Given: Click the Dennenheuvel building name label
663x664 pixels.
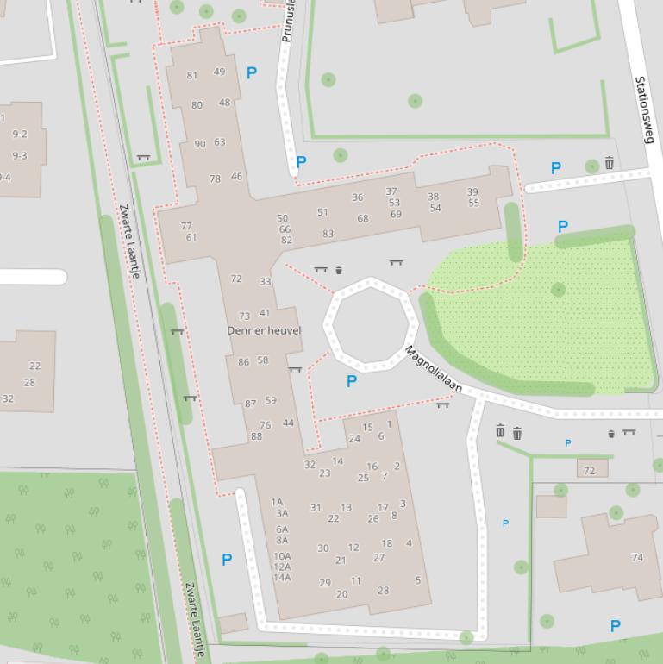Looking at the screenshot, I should (x=264, y=330).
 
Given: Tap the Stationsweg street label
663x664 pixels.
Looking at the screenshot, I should (x=641, y=110).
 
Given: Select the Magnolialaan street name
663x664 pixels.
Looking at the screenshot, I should (x=434, y=371).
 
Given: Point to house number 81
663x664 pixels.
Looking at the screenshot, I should (x=192, y=75).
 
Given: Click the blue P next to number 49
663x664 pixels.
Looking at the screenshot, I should (x=252, y=73).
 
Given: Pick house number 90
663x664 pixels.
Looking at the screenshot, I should (x=200, y=144).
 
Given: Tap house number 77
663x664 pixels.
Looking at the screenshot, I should (x=186, y=226).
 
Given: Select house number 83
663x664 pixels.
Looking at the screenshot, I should (x=328, y=234).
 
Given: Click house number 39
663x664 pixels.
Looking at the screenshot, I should (x=472, y=192).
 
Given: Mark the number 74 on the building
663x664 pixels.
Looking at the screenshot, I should (x=637, y=557).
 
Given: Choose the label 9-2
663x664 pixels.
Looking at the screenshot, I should (x=19, y=135).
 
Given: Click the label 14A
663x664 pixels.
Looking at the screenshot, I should (x=282, y=578).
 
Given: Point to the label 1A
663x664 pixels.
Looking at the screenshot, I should (x=277, y=502).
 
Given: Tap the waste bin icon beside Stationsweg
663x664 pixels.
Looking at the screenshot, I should (x=610, y=163).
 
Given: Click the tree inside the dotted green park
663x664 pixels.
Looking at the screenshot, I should (x=559, y=290).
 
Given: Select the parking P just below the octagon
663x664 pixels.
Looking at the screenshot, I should (x=351, y=381).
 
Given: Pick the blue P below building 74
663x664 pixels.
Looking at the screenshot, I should (x=616, y=626).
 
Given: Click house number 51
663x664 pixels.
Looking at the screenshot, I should (x=322, y=212).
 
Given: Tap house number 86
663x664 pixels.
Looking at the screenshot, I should (x=243, y=362).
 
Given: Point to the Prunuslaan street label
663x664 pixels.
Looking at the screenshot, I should (x=289, y=21).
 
